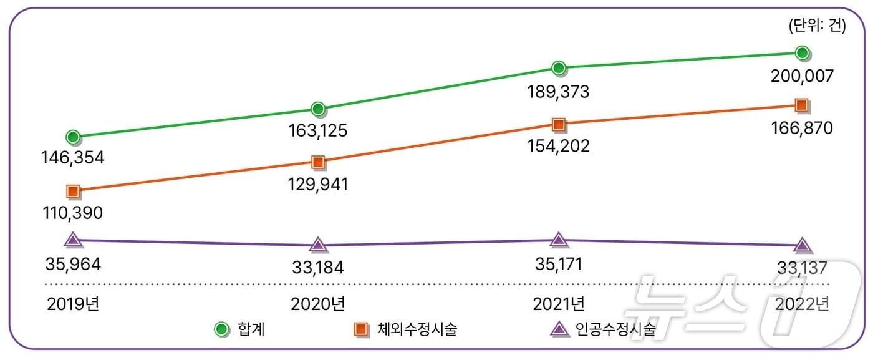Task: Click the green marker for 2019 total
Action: pos(73,137)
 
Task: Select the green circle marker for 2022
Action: pos(803,53)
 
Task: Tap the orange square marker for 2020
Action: pos(318,163)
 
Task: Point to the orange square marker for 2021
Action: pos(559,124)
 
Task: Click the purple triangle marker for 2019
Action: pos(73,240)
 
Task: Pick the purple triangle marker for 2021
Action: pos(559,240)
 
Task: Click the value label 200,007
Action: pos(802,77)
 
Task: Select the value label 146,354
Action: pos(74,158)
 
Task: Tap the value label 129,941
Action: pos(317,185)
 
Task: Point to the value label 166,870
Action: pos(802,129)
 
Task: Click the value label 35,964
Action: pos(73,263)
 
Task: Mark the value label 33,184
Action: pos(317,268)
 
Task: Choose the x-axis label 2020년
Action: pos(317,304)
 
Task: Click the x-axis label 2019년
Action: pos(73,304)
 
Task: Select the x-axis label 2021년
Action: pos(559,304)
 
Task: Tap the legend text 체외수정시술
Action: pos(417,329)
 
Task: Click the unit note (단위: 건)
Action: pos(817,26)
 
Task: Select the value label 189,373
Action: pos(559,92)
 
